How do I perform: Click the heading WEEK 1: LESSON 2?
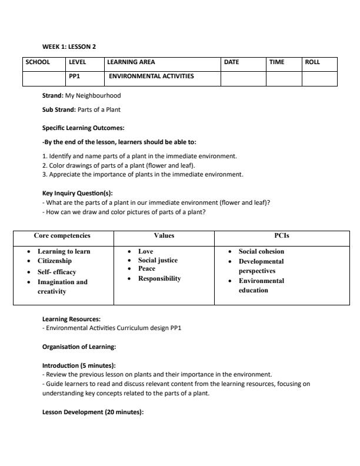[x=69, y=46]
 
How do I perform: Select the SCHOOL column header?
[x=37, y=62]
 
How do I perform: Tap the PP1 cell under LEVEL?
[x=75, y=76]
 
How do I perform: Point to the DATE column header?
[x=231, y=62]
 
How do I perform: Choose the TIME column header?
[x=276, y=62]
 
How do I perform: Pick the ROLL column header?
[x=312, y=62]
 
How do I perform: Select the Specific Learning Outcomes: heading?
[x=83, y=128]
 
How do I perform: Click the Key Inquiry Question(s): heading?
[x=77, y=193]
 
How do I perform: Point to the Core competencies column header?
[x=62, y=235]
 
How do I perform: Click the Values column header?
[x=164, y=235]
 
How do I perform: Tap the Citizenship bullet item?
[x=55, y=261]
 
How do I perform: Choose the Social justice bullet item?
[x=158, y=260]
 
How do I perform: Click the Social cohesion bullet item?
[x=261, y=251]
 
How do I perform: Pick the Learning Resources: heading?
[x=71, y=319]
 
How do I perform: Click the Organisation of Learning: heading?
[x=79, y=347]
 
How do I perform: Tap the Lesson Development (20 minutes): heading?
[x=93, y=412]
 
